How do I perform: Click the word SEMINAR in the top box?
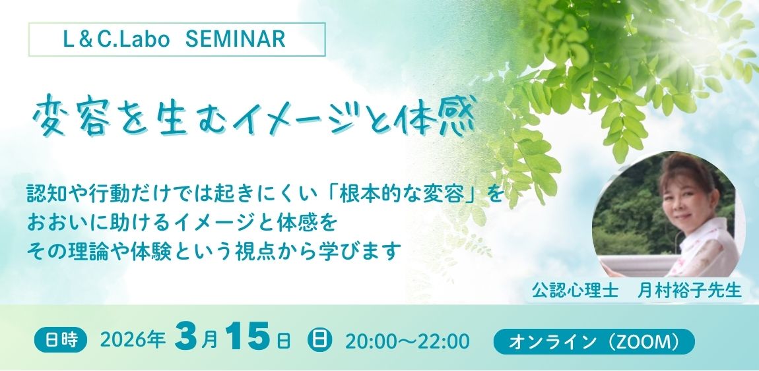click(235, 40)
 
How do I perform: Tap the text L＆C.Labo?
click(116, 40)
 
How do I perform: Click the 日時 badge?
click(61, 341)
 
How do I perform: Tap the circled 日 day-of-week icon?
click(319, 341)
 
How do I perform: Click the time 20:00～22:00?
click(407, 341)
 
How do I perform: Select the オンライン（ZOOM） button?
click(594, 341)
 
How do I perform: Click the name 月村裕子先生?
click(690, 291)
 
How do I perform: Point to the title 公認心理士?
click(575, 291)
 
